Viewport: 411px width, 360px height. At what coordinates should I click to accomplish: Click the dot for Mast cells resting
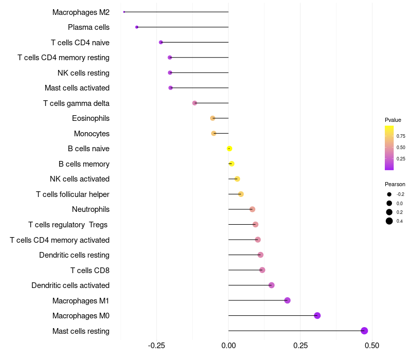tap(364, 331)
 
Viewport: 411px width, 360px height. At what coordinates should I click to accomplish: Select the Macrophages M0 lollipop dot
tap(317, 316)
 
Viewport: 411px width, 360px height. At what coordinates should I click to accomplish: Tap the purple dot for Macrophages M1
tap(287, 300)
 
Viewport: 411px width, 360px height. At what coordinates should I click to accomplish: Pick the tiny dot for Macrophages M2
tap(124, 12)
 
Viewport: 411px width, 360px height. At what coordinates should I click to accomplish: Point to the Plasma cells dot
tap(137, 27)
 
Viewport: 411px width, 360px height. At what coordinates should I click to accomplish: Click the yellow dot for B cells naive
tap(229, 149)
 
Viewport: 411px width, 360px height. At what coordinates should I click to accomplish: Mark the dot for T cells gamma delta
tap(195, 103)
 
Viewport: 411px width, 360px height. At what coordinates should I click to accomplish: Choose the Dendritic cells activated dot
tap(272, 285)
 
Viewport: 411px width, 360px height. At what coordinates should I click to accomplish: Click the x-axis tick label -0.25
tap(156, 345)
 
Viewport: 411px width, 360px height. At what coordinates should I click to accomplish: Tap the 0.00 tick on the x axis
tap(228, 345)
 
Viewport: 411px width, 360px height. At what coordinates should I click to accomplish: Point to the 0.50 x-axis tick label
tap(371, 345)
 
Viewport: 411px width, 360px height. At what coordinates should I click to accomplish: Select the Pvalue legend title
tap(393, 120)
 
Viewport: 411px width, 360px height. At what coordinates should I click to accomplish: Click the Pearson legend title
tap(395, 184)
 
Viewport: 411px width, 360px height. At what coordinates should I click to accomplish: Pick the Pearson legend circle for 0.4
tap(389, 221)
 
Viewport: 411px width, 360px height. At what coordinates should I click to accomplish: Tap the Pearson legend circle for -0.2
tap(389, 194)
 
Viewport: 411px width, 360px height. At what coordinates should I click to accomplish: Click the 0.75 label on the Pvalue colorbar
tap(401, 136)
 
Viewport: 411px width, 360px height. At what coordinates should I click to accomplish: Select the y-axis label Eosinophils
tap(91, 118)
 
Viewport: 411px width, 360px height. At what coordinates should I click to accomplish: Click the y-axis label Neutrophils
tap(91, 209)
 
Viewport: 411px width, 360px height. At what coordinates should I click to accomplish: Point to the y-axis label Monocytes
tap(91, 134)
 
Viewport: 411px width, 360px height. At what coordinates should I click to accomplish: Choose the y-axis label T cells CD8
tap(90, 270)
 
